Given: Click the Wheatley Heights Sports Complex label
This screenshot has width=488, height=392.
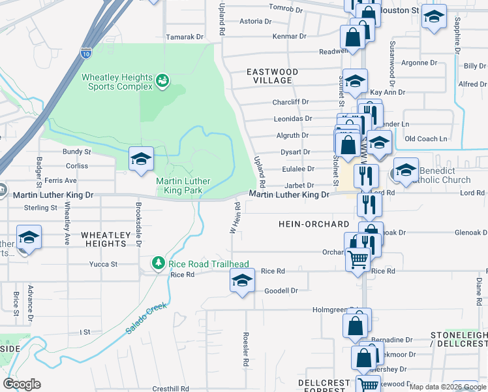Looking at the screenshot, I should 116,82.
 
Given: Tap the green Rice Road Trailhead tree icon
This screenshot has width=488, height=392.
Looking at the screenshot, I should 158,263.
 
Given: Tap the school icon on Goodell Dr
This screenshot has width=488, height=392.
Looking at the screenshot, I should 241,282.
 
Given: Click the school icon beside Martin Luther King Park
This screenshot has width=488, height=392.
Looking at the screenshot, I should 140,159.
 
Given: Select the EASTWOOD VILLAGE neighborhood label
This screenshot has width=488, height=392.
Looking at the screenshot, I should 272,76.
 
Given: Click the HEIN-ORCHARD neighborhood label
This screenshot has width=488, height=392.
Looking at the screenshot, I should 314,224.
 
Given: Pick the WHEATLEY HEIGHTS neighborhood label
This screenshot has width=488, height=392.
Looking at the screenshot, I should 104,238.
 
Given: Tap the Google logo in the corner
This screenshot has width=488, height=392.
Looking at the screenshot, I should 22,384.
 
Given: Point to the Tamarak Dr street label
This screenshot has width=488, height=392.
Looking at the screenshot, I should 185,37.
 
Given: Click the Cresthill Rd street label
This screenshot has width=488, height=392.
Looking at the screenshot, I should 171,388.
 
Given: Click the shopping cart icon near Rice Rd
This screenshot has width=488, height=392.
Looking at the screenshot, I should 358,260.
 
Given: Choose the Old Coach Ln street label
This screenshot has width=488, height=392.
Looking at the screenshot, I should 426,139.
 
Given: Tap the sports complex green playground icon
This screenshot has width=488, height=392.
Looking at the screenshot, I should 162,82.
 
